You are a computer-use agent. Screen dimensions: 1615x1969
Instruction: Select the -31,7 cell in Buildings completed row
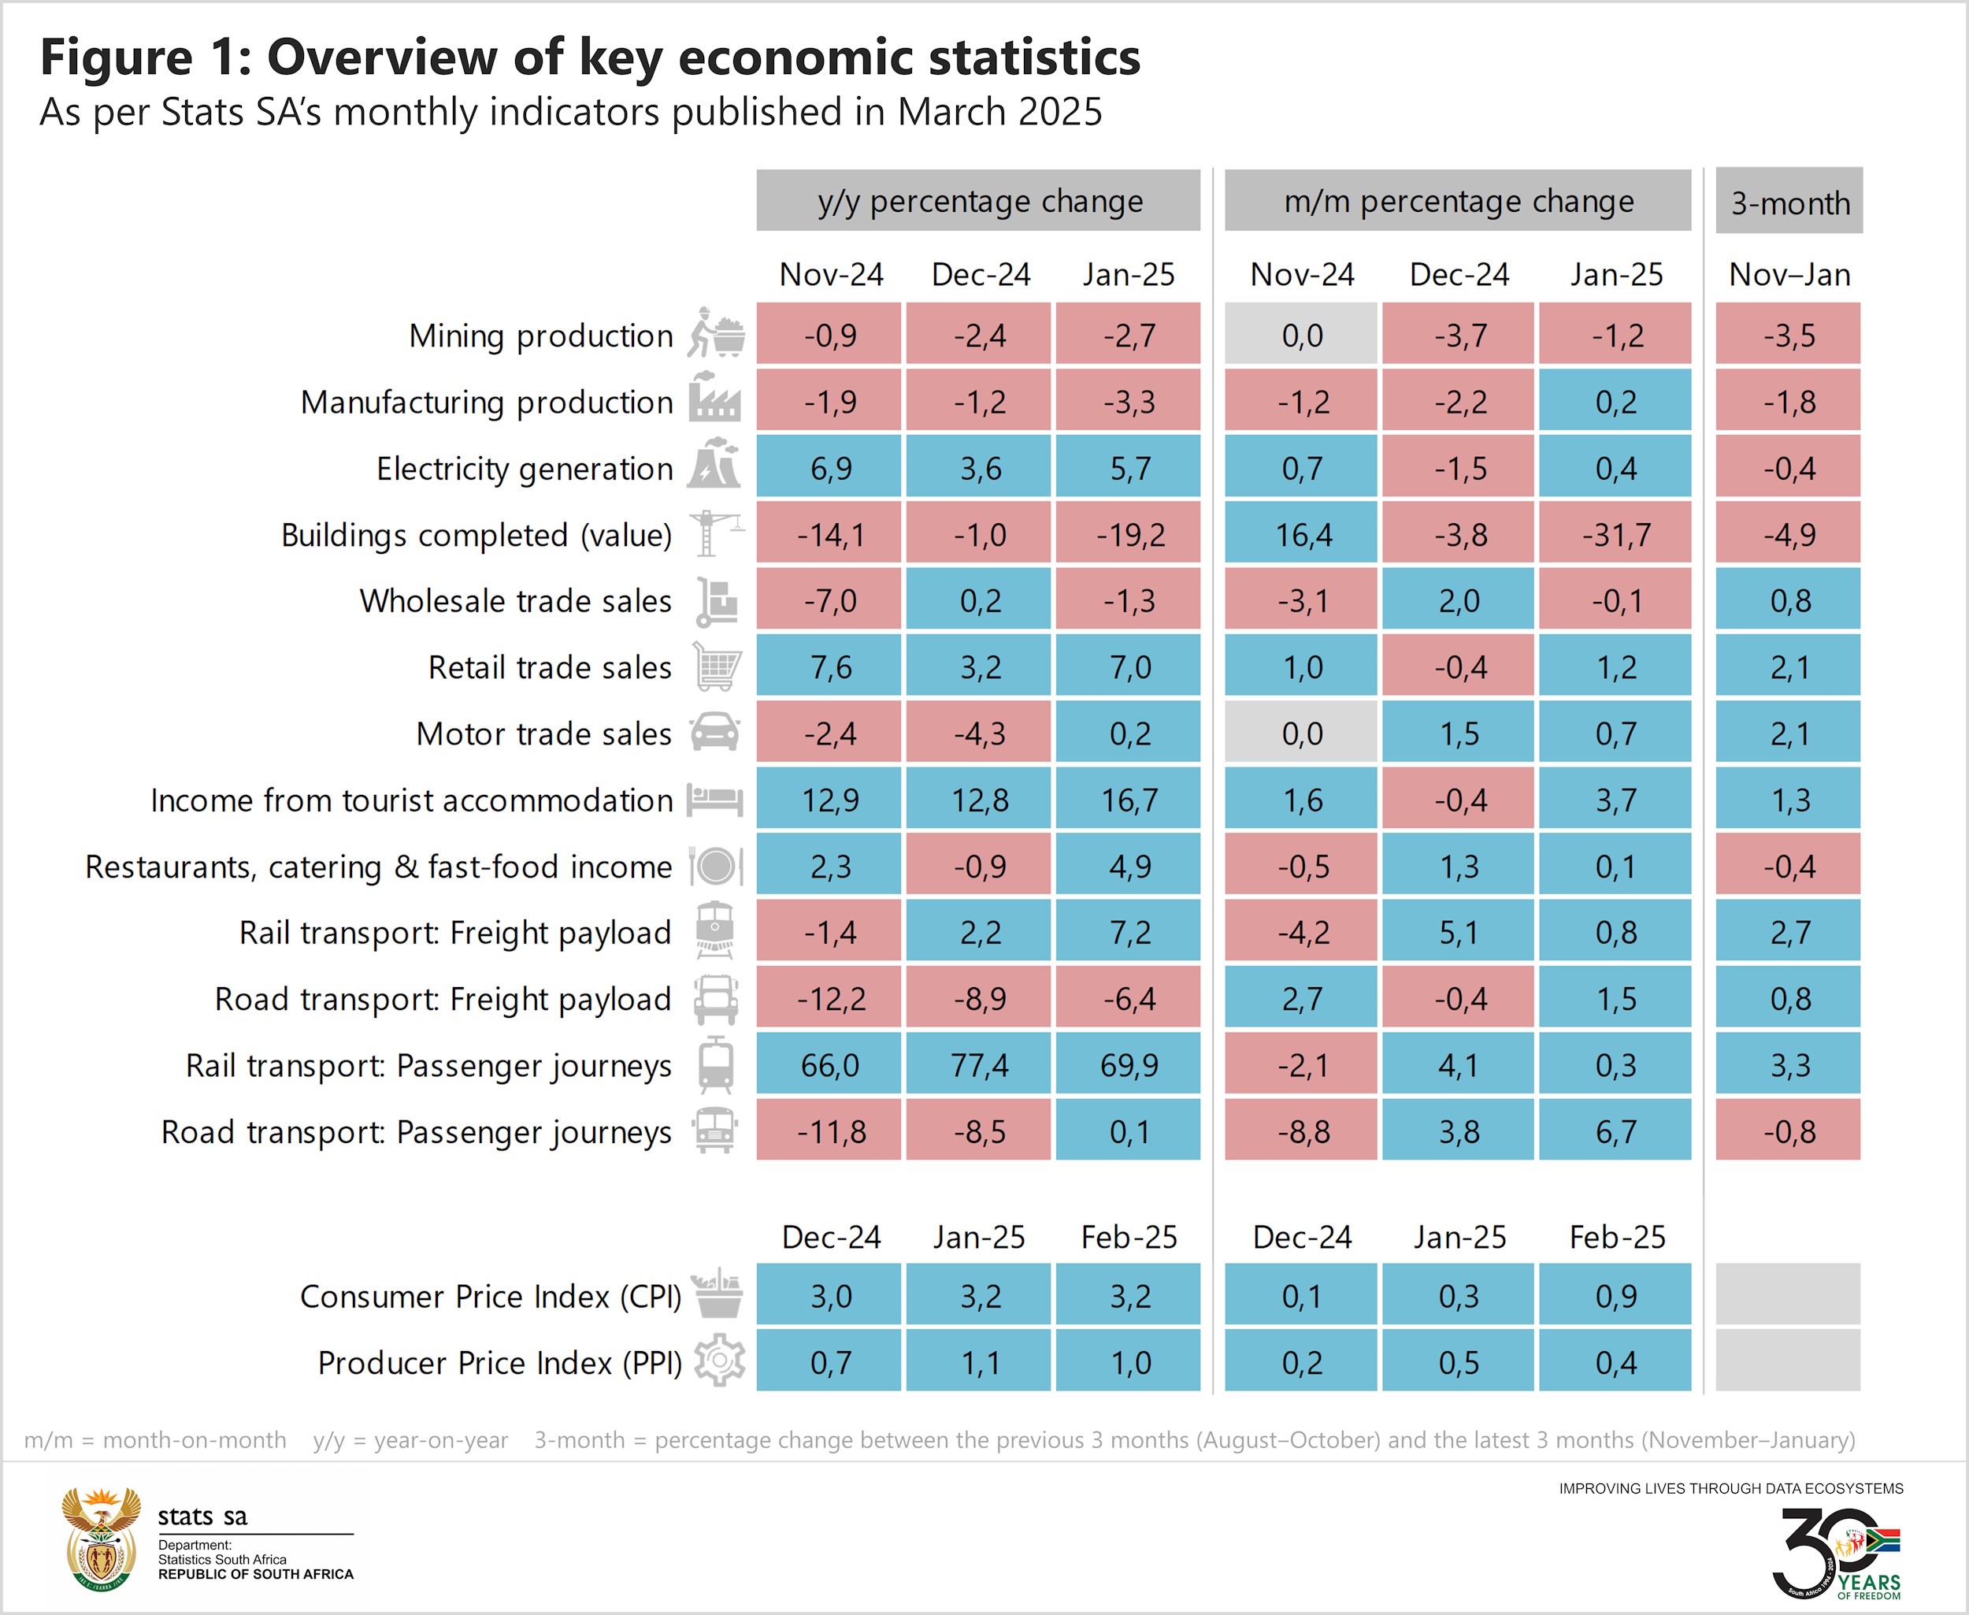pyautogui.click(x=1615, y=534)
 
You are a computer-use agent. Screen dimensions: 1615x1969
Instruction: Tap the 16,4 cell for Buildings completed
pyautogui.click(x=1302, y=534)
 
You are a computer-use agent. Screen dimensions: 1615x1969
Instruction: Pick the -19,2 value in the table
pyautogui.click(x=1129, y=534)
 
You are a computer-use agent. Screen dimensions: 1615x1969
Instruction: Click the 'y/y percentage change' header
pyautogui.click(x=978, y=201)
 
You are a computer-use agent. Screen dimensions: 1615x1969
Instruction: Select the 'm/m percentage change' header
pyautogui.click(x=1457, y=201)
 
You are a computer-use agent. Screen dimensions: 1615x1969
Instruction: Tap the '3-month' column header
pyautogui.click(x=1789, y=202)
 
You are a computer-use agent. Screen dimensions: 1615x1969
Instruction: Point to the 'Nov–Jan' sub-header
pyautogui.click(x=1789, y=274)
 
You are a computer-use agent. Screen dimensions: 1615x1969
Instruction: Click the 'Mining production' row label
pyautogui.click(x=540, y=335)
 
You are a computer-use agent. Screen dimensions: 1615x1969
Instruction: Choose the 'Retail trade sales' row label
pyautogui.click(x=549, y=667)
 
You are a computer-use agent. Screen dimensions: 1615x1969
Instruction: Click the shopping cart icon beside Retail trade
pyautogui.click(x=717, y=667)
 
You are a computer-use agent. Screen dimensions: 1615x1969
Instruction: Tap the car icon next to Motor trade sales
pyautogui.click(x=715, y=733)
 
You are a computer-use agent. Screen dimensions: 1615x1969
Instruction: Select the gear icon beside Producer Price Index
pyautogui.click(x=719, y=1361)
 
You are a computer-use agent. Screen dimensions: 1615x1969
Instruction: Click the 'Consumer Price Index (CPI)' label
pyautogui.click(x=490, y=1296)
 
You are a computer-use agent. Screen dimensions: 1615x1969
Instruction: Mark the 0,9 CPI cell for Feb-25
pyautogui.click(x=1615, y=1296)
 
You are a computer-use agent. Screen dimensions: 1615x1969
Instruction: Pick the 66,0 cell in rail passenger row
pyautogui.click(x=829, y=1064)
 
